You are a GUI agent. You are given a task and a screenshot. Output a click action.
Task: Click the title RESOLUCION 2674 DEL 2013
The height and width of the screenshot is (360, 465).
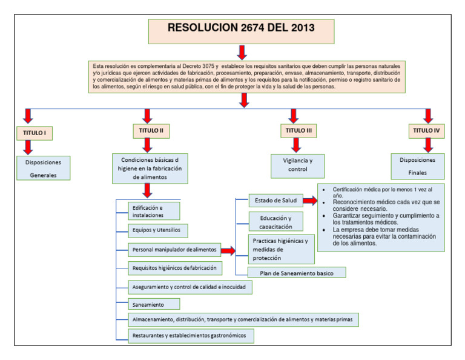241,28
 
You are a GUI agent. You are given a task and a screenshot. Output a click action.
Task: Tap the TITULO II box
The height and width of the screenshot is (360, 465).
151,130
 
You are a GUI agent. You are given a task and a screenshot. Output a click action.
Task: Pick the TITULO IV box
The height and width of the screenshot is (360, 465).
427,130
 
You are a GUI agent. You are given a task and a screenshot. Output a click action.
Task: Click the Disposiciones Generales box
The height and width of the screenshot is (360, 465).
44,168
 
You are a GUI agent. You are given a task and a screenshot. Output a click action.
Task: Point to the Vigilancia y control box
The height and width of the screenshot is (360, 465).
297,165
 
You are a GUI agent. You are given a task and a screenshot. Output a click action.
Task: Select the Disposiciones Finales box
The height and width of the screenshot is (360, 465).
417,166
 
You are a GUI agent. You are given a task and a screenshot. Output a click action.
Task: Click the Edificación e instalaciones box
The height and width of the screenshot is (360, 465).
154,211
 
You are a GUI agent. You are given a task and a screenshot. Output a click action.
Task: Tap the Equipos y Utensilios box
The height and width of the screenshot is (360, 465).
157,230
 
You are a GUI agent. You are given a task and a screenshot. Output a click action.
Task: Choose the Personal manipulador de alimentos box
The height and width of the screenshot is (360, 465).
174,250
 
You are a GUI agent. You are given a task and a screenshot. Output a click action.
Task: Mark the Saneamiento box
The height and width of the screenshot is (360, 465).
154,304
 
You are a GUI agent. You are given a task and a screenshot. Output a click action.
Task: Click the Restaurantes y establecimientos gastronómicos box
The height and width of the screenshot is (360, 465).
191,336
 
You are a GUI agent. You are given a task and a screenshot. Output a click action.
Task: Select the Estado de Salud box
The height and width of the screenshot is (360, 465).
275,201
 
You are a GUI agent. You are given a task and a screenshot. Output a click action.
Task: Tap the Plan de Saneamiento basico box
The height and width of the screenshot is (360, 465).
297,273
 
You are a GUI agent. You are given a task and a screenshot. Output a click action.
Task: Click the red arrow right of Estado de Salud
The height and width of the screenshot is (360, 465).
311,201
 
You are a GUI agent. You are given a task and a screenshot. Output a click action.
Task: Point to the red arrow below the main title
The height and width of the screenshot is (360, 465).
242,52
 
